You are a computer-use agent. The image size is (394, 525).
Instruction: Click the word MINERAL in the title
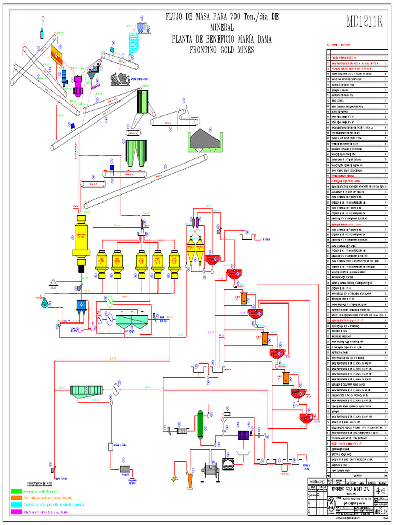click(x=221, y=27)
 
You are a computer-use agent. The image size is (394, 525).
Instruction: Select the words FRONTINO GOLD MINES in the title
click(x=222, y=50)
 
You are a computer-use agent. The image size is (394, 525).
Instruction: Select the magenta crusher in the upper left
click(x=78, y=86)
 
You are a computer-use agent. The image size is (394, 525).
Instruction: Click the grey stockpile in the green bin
click(x=205, y=138)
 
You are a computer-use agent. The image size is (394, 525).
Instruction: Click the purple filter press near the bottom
click(x=243, y=436)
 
